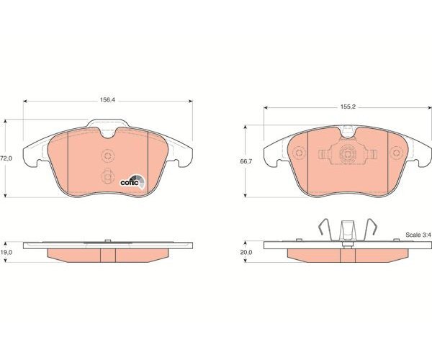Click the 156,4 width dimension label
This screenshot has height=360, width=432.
tap(107, 100)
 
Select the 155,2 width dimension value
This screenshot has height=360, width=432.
tap(348, 107)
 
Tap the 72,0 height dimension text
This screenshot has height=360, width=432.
tap(6, 158)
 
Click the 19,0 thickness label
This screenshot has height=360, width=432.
tap(6, 252)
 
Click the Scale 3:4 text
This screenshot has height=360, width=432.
tap(418, 235)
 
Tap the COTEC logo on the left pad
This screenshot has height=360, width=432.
tap(132, 181)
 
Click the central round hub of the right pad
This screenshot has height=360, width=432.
tap(348, 153)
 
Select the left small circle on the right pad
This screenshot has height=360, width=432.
tap(300, 153)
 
